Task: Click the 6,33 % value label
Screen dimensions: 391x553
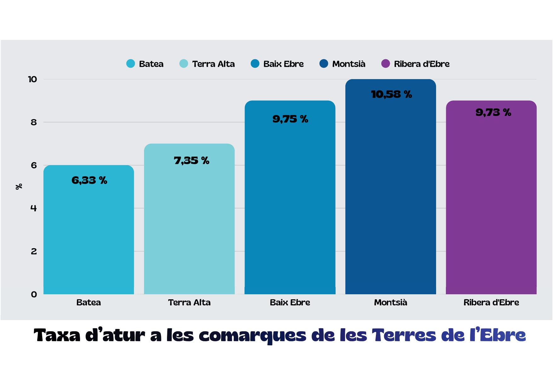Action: [x=89, y=180]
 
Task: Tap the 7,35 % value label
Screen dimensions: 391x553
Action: [x=191, y=161]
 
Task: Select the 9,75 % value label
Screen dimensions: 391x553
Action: [x=290, y=119]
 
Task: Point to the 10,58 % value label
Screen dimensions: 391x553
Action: [x=391, y=94]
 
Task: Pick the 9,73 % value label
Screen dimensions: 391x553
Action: [x=493, y=112]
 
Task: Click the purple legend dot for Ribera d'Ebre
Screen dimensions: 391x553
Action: [x=385, y=64]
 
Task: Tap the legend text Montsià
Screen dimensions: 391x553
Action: [x=349, y=64]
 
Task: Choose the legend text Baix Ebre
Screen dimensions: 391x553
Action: [x=283, y=64]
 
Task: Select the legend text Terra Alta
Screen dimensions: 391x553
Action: [x=213, y=64]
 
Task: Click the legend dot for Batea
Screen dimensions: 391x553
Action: [x=130, y=64]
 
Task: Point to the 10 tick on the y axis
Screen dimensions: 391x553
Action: [x=32, y=79]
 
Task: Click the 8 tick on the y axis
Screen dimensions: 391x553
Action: [x=34, y=122]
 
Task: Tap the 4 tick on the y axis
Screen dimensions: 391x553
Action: [x=34, y=208]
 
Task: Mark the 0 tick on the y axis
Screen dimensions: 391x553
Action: [x=34, y=295]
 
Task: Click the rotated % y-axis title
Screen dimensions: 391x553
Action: [x=19, y=187]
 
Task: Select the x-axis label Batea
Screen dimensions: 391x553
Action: [x=89, y=302]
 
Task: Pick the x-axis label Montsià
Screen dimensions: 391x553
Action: [x=390, y=302]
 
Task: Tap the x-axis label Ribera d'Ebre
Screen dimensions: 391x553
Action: [x=491, y=302]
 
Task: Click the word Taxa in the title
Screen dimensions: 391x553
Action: [x=57, y=335]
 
